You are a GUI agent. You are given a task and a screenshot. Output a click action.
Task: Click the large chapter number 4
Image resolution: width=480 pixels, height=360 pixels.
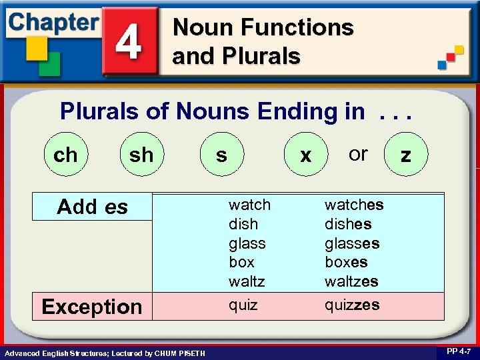pyautogui.click(x=129, y=41)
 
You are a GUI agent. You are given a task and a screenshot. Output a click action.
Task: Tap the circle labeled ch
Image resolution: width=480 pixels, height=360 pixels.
pyautogui.click(x=65, y=155)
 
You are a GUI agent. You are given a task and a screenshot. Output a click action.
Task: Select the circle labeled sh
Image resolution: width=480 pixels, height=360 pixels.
pyautogui.click(x=141, y=155)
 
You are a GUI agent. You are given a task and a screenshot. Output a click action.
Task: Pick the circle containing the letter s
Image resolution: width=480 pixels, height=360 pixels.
pyautogui.click(x=221, y=155)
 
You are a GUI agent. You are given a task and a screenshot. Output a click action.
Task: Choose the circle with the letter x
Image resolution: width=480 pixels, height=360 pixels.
pyautogui.click(x=305, y=155)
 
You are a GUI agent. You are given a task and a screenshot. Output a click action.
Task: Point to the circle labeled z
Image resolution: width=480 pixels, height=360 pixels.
pyautogui.click(x=405, y=155)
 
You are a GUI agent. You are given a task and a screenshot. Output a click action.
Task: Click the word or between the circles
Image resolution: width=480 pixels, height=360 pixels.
pyautogui.click(x=358, y=153)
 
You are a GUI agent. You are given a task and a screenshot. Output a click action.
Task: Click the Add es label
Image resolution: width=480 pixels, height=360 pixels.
pyautogui.click(x=92, y=207)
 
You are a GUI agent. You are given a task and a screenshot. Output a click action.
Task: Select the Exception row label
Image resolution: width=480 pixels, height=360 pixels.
pyautogui.click(x=92, y=307)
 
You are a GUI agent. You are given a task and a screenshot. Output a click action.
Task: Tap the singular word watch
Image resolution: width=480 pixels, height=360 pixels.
pyautogui.click(x=249, y=205)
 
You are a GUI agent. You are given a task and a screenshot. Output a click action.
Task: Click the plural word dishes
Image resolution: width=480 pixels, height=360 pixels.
pyautogui.click(x=347, y=224)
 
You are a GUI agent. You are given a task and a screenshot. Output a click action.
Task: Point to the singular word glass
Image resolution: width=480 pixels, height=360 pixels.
pyautogui.click(x=247, y=243)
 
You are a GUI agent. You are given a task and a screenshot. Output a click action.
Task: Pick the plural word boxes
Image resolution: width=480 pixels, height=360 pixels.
pyautogui.click(x=346, y=262)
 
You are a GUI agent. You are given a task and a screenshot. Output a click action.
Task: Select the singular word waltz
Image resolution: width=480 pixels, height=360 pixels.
pyautogui.click(x=247, y=281)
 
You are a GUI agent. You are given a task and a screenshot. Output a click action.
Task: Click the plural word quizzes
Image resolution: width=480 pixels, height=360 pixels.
pyautogui.click(x=352, y=305)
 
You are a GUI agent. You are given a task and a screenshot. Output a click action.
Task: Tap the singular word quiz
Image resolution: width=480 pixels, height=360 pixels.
pyautogui.click(x=243, y=305)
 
